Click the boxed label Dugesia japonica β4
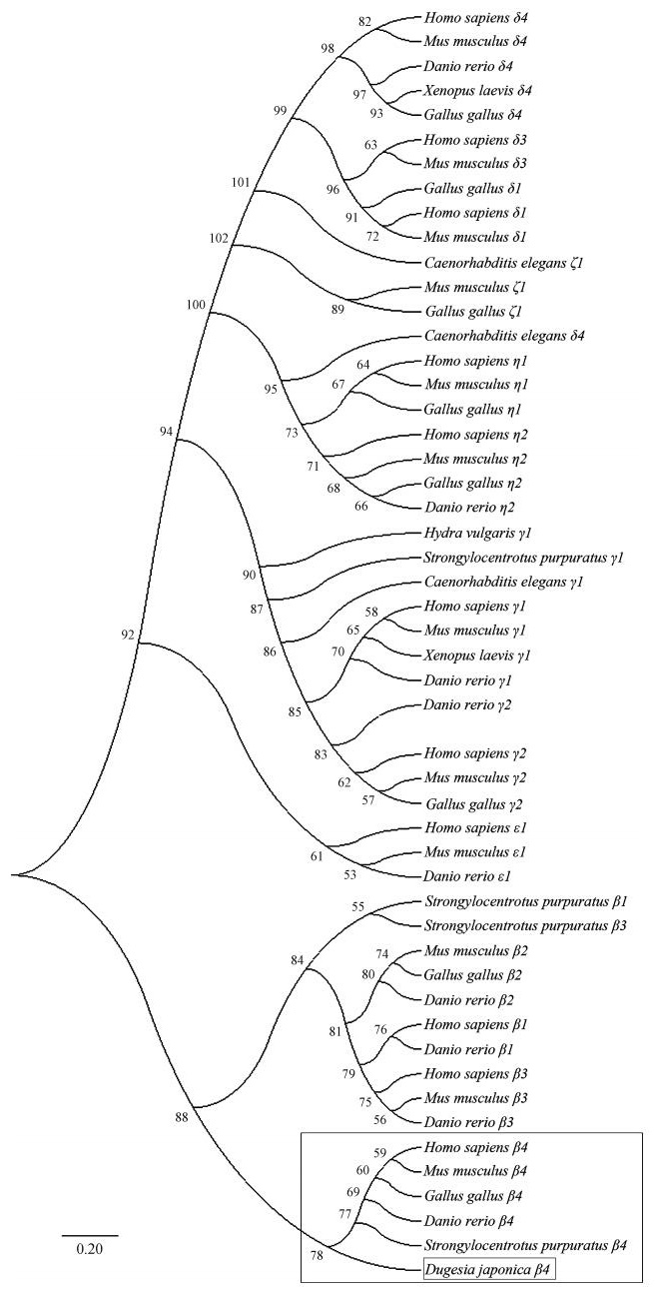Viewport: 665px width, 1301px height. (486, 1270)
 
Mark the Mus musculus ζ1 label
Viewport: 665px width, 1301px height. (468, 288)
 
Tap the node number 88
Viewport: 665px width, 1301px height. (182, 1118)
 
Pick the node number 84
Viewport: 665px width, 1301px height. (297, 959)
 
